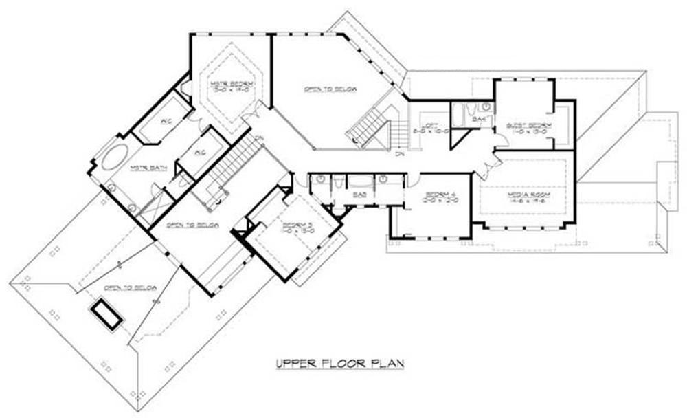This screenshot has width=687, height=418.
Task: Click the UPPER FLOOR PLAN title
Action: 340,363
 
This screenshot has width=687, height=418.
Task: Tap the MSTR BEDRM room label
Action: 227,85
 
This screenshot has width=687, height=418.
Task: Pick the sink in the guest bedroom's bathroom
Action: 486,107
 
